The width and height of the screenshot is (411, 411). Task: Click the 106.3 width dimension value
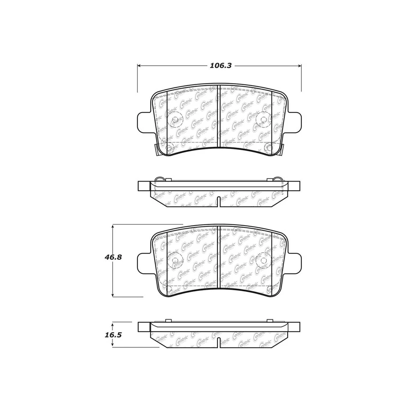220,66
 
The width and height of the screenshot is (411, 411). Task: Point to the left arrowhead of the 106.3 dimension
139,66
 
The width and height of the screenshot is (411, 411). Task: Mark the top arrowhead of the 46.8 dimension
113,226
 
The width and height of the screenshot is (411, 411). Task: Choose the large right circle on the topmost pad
262,119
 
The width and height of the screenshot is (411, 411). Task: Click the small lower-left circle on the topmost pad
169,149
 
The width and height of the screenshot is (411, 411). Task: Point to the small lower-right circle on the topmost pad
269,149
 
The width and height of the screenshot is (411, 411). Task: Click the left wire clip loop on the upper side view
159,179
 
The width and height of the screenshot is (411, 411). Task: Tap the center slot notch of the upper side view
219,201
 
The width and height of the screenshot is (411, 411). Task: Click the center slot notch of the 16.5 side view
219,342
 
